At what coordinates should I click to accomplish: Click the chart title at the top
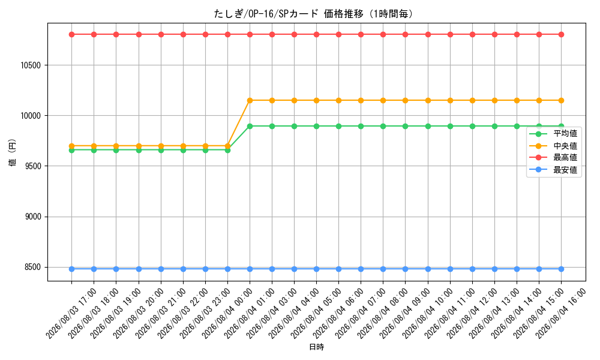[x=314, y=14]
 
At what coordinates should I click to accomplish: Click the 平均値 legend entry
[x=553, y=134]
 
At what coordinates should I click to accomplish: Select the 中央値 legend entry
[x=553, y=146]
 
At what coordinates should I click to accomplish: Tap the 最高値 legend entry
[x=553, y=158]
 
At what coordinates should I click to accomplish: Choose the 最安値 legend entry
[x=553, y=170]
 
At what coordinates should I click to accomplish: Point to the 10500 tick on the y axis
[x=31, y=65]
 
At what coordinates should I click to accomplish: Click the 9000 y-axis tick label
[x=32, y=217]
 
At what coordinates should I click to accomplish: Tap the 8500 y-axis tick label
[x=32, y=268]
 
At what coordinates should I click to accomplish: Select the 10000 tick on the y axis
[x=31, y=116]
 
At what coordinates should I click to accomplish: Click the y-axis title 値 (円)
[x=12, y=152]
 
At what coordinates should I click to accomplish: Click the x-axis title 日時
[x=316, y=347]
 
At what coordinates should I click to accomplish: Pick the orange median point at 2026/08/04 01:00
[x=250, y=101]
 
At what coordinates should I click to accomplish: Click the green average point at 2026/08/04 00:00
[x=227, y=151]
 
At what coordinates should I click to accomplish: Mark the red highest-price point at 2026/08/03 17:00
[x=71, y=34]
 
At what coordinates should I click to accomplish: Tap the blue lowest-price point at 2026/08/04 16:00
[x=562, y=269]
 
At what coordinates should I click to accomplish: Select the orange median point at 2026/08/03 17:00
[x=71, y=146]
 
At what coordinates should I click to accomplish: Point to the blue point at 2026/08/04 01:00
[x=250, y=269]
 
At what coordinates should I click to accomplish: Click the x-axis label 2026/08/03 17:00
[x=71, y=314]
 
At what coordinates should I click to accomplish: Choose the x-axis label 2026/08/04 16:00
[x=560, y=314]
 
